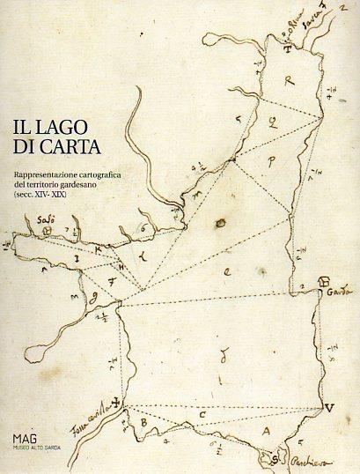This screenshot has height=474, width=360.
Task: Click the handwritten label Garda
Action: pos(337,290)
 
